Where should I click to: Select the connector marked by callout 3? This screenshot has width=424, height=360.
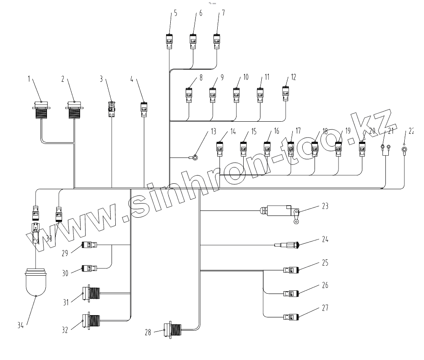[x=112, y=109]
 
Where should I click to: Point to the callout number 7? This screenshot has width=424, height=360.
[x=223, y=12]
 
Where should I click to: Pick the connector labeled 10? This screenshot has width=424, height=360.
[x=237, y=95]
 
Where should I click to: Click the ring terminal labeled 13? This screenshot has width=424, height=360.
[x=195, y=158]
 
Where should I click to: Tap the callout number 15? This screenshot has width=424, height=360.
[x=253, y=131]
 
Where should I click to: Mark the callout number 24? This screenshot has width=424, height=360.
[x=325, y=240]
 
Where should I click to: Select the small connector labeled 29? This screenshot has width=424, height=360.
[x=89, y=245]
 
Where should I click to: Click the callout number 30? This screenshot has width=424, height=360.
[x=65, y=273]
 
